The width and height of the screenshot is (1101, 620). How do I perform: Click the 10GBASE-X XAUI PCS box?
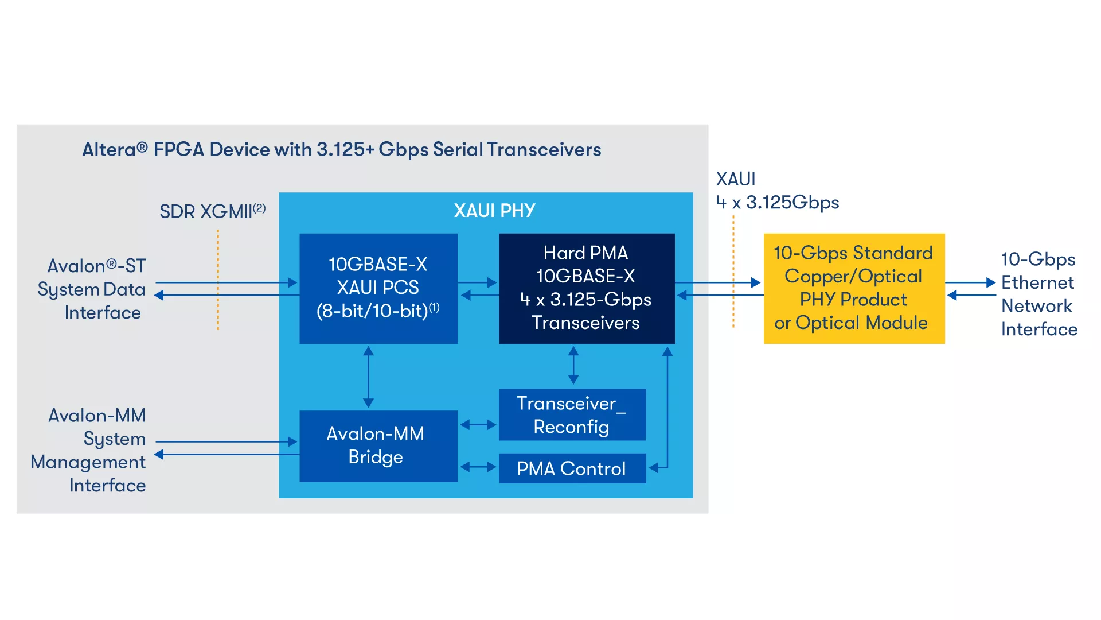tap(378, 288)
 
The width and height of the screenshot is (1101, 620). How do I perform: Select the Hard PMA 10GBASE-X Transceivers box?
tap(586, 288)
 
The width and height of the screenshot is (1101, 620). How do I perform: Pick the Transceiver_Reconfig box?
tap(572, 414)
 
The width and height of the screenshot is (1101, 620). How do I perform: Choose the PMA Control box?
tap(572, 468)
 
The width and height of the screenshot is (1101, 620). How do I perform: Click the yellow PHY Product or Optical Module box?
tap(853, 288)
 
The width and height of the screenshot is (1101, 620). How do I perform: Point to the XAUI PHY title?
tap(494, 211)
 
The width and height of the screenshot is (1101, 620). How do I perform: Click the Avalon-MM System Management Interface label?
tap(89, 450)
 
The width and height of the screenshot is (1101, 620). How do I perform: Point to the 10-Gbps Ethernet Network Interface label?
tap(1038, 294)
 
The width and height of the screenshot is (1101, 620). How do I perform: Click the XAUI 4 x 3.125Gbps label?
tap(776, 191)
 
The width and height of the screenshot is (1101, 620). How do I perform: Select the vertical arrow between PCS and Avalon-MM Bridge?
tap(368, 377)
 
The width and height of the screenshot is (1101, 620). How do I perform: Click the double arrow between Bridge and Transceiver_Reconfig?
tap(478, 425)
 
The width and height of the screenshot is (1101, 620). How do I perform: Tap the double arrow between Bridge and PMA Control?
tap(478, 467)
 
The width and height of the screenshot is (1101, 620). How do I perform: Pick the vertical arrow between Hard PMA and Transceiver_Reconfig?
tap(573, 366)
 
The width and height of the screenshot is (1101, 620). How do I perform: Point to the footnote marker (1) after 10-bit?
tap(434, 307)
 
